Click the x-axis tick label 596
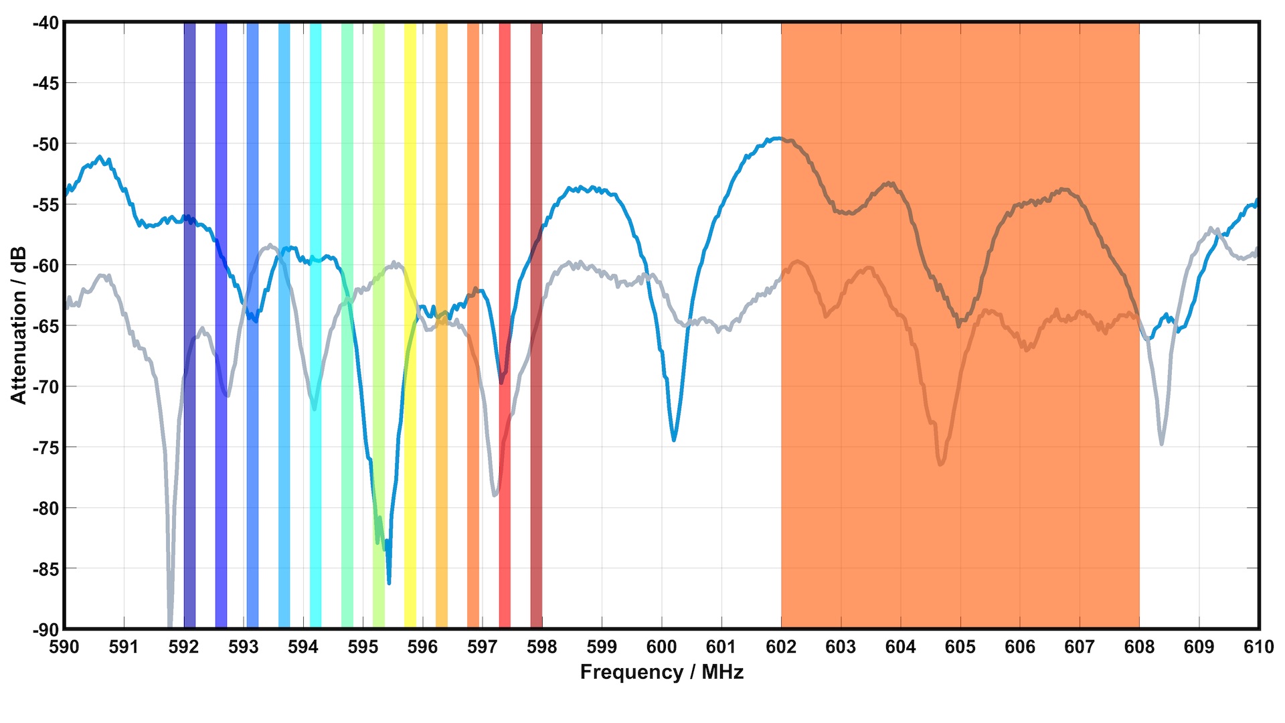pyautogui.click(x=422, y=647)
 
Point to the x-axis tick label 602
pyautogui.click(x=781, y=647)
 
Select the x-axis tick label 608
pyautogui.click(x=1139, y=647)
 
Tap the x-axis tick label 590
pyautogui.click(x=64, y=647)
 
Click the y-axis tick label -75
pyautogui.click(x=46, y=447)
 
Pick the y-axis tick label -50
pyautogui.click(x=46, y=144)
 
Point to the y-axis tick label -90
pyautogui.click(x=46, y=629)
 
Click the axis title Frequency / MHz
pyautogui.click(x=661, y=672)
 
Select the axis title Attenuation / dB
pyautogui.click(x=19, y=325)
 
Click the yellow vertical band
pyautogui.click(x=410, y=201)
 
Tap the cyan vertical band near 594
pyautogui.click(x=315, y=201)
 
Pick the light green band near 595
pyautogui.click(x=378, y=201)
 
